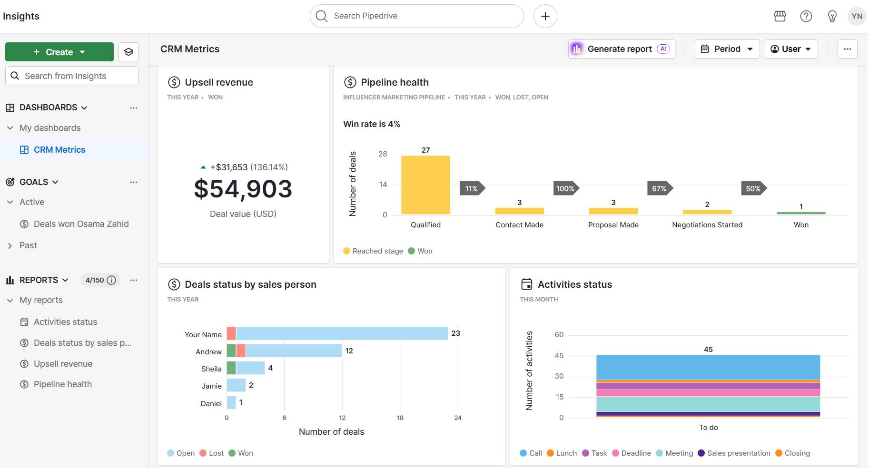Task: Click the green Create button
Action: click(59, 52)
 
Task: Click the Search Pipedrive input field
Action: click(416, 16)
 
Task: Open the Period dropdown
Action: click(727, 49)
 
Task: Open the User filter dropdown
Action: click(790, 49)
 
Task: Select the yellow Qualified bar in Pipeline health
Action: click(425, 185)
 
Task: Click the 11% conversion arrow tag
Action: click(472, 188)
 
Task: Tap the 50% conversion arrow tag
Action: click(753, 188)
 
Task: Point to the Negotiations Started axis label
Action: click(707, 225)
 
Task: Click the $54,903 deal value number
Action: click(243, 189)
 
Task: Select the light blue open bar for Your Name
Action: click(342, 333)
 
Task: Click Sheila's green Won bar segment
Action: click(231, 368)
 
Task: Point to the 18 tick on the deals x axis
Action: click(400, 418)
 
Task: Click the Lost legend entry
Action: click(212, 453)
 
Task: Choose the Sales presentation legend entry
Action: click(734, 453)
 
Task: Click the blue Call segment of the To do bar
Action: click(708, 367)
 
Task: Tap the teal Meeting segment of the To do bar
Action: click(708, 404)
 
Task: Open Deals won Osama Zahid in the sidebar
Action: click(81, 224)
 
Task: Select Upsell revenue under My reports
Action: click(63, 364)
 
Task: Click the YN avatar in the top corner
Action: click(857, 16)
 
